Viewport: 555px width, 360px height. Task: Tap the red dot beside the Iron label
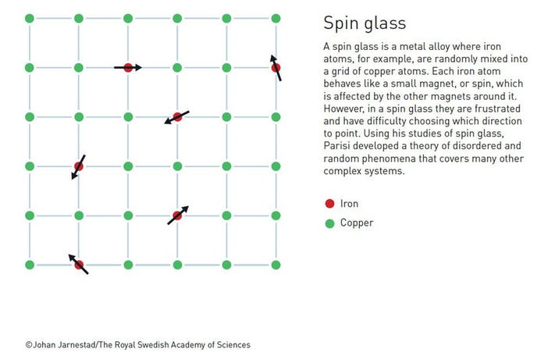coord(329,204)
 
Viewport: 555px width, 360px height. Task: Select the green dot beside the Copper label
coord(329,223)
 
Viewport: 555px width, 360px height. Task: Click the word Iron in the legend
coord(350,204)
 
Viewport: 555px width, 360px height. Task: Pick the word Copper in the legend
coord(357,223)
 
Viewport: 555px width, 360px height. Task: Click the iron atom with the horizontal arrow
coord(128,68)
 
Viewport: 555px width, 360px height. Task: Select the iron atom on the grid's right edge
coord(276,68)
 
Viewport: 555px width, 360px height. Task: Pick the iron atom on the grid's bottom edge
coord(79,265)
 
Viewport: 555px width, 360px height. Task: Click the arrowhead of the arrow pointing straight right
coord(138,68)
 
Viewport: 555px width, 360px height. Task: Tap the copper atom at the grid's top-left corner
coord(30,18)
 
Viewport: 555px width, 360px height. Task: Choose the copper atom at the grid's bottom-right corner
coord(276,265)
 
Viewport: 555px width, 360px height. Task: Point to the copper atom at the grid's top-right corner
coord(276,18)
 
